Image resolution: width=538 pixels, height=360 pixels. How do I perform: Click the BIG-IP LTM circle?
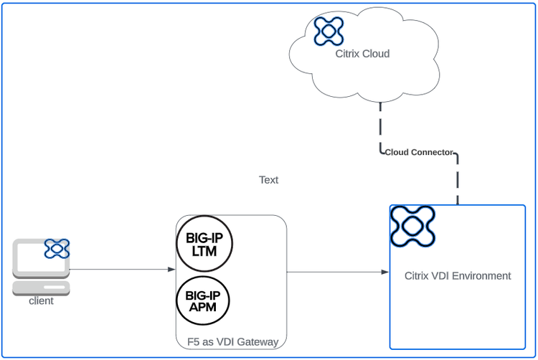204,245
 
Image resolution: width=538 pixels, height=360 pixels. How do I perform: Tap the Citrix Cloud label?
362,54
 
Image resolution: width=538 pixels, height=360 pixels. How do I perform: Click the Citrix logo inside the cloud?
329,31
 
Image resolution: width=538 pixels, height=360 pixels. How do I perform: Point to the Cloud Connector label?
419,152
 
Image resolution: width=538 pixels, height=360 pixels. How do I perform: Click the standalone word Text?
268,180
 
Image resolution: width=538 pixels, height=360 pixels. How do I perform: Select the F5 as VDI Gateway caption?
227,342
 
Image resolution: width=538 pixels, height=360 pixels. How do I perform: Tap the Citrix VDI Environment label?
458,275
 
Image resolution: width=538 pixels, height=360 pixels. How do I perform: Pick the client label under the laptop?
41,301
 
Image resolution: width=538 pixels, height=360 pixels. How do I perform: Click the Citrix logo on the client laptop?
57,249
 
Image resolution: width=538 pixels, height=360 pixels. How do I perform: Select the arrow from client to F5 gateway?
122,270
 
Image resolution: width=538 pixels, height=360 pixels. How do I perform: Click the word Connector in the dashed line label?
433,152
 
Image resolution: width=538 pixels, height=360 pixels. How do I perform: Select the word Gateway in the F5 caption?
257,342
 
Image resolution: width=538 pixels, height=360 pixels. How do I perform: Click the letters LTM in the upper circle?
204,252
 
